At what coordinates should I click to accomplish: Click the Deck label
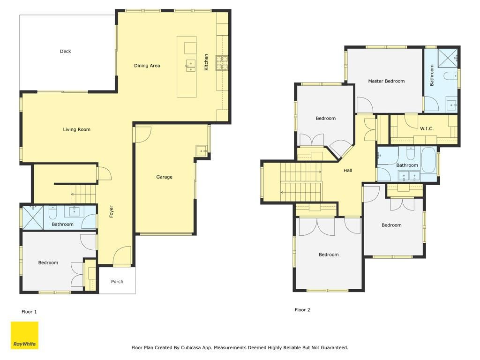pyautogui.click(x=65, y=52)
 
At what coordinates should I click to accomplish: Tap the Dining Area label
pyautogui.click(x=147, y=66)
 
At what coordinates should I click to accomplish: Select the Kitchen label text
pyautogui.click(x=206, y=62)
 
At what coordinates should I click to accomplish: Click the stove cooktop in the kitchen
pyautogui.click(x=222, y=63)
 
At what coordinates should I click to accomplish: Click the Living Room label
pyautogui.click(x=76, y=129)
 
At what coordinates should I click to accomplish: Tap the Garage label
pyautogui.click(x=164, y=177)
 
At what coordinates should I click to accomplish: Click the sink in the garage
pyautogui.click(x=202, y=150)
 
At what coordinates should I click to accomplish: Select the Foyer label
pyautogui.click(x=112, y=211)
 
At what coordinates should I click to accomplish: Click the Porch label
pyautogui.click(x=117, y=282)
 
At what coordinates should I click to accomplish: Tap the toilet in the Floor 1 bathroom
pyautogui.click(x=52, y=211)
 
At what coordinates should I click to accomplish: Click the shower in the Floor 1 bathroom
pyautogui.click(x=33, y=217)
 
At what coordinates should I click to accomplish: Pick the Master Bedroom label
pyautogui.click(x=386, y=81)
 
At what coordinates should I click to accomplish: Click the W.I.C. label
pyautogui.click(x=427, y=128)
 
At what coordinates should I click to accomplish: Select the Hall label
pyautogui.click(x=348, y=171)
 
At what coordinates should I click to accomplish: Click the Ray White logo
pyautogui.click(x=24, y=335)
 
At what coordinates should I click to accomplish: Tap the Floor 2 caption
pyautogui.click(x=302, y=310)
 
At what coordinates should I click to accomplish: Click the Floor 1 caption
pyautogui.click(x=29, y=312)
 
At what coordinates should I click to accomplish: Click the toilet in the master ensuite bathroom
pyautogui.click(x=449, y=75)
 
